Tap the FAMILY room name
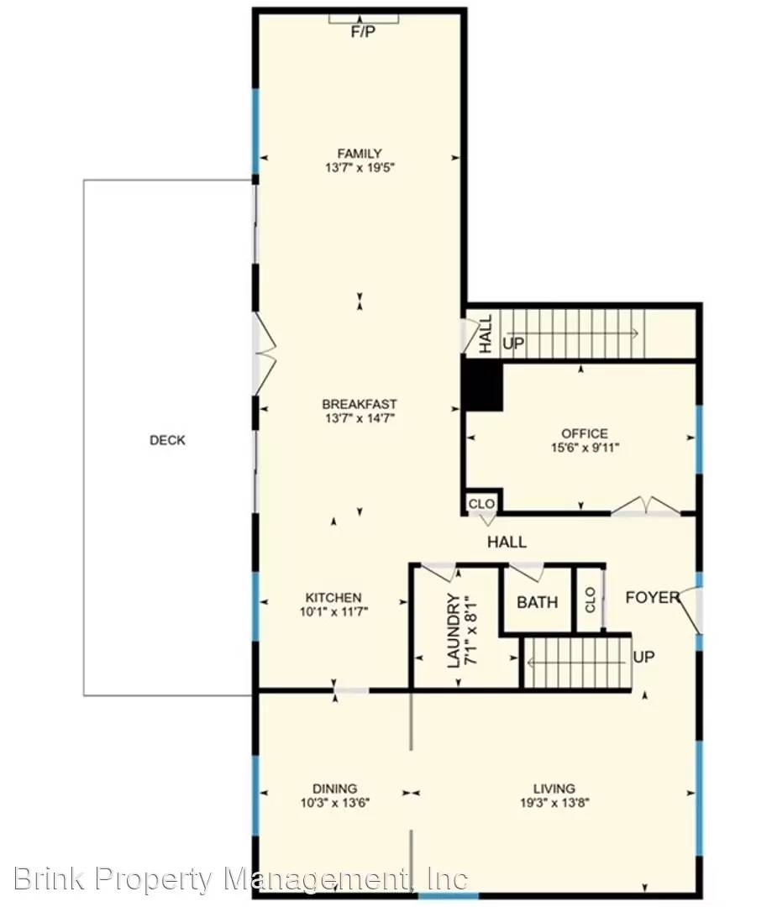(x=360, y=153)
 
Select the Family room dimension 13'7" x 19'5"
(x=360, y=167)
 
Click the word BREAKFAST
(x=360, y=404)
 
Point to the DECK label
(x=167, y=440)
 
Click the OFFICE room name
(x=585, y=433)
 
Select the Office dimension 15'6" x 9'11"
(x=585, y=448)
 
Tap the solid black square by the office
(x=483, y=387)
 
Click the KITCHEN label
(x=333, y=597)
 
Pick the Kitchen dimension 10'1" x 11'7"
(x=333, y=611)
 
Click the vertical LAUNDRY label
(x=454, y=631)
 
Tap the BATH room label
(x=537, y=602)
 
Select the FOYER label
(x=652, y=597)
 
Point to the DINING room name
(x=334, y=788)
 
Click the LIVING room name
(x=554, y=788)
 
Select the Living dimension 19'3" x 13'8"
(x=554, y=802)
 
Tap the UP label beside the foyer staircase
(x=643, y=657)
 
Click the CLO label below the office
(x=482, y=504)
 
